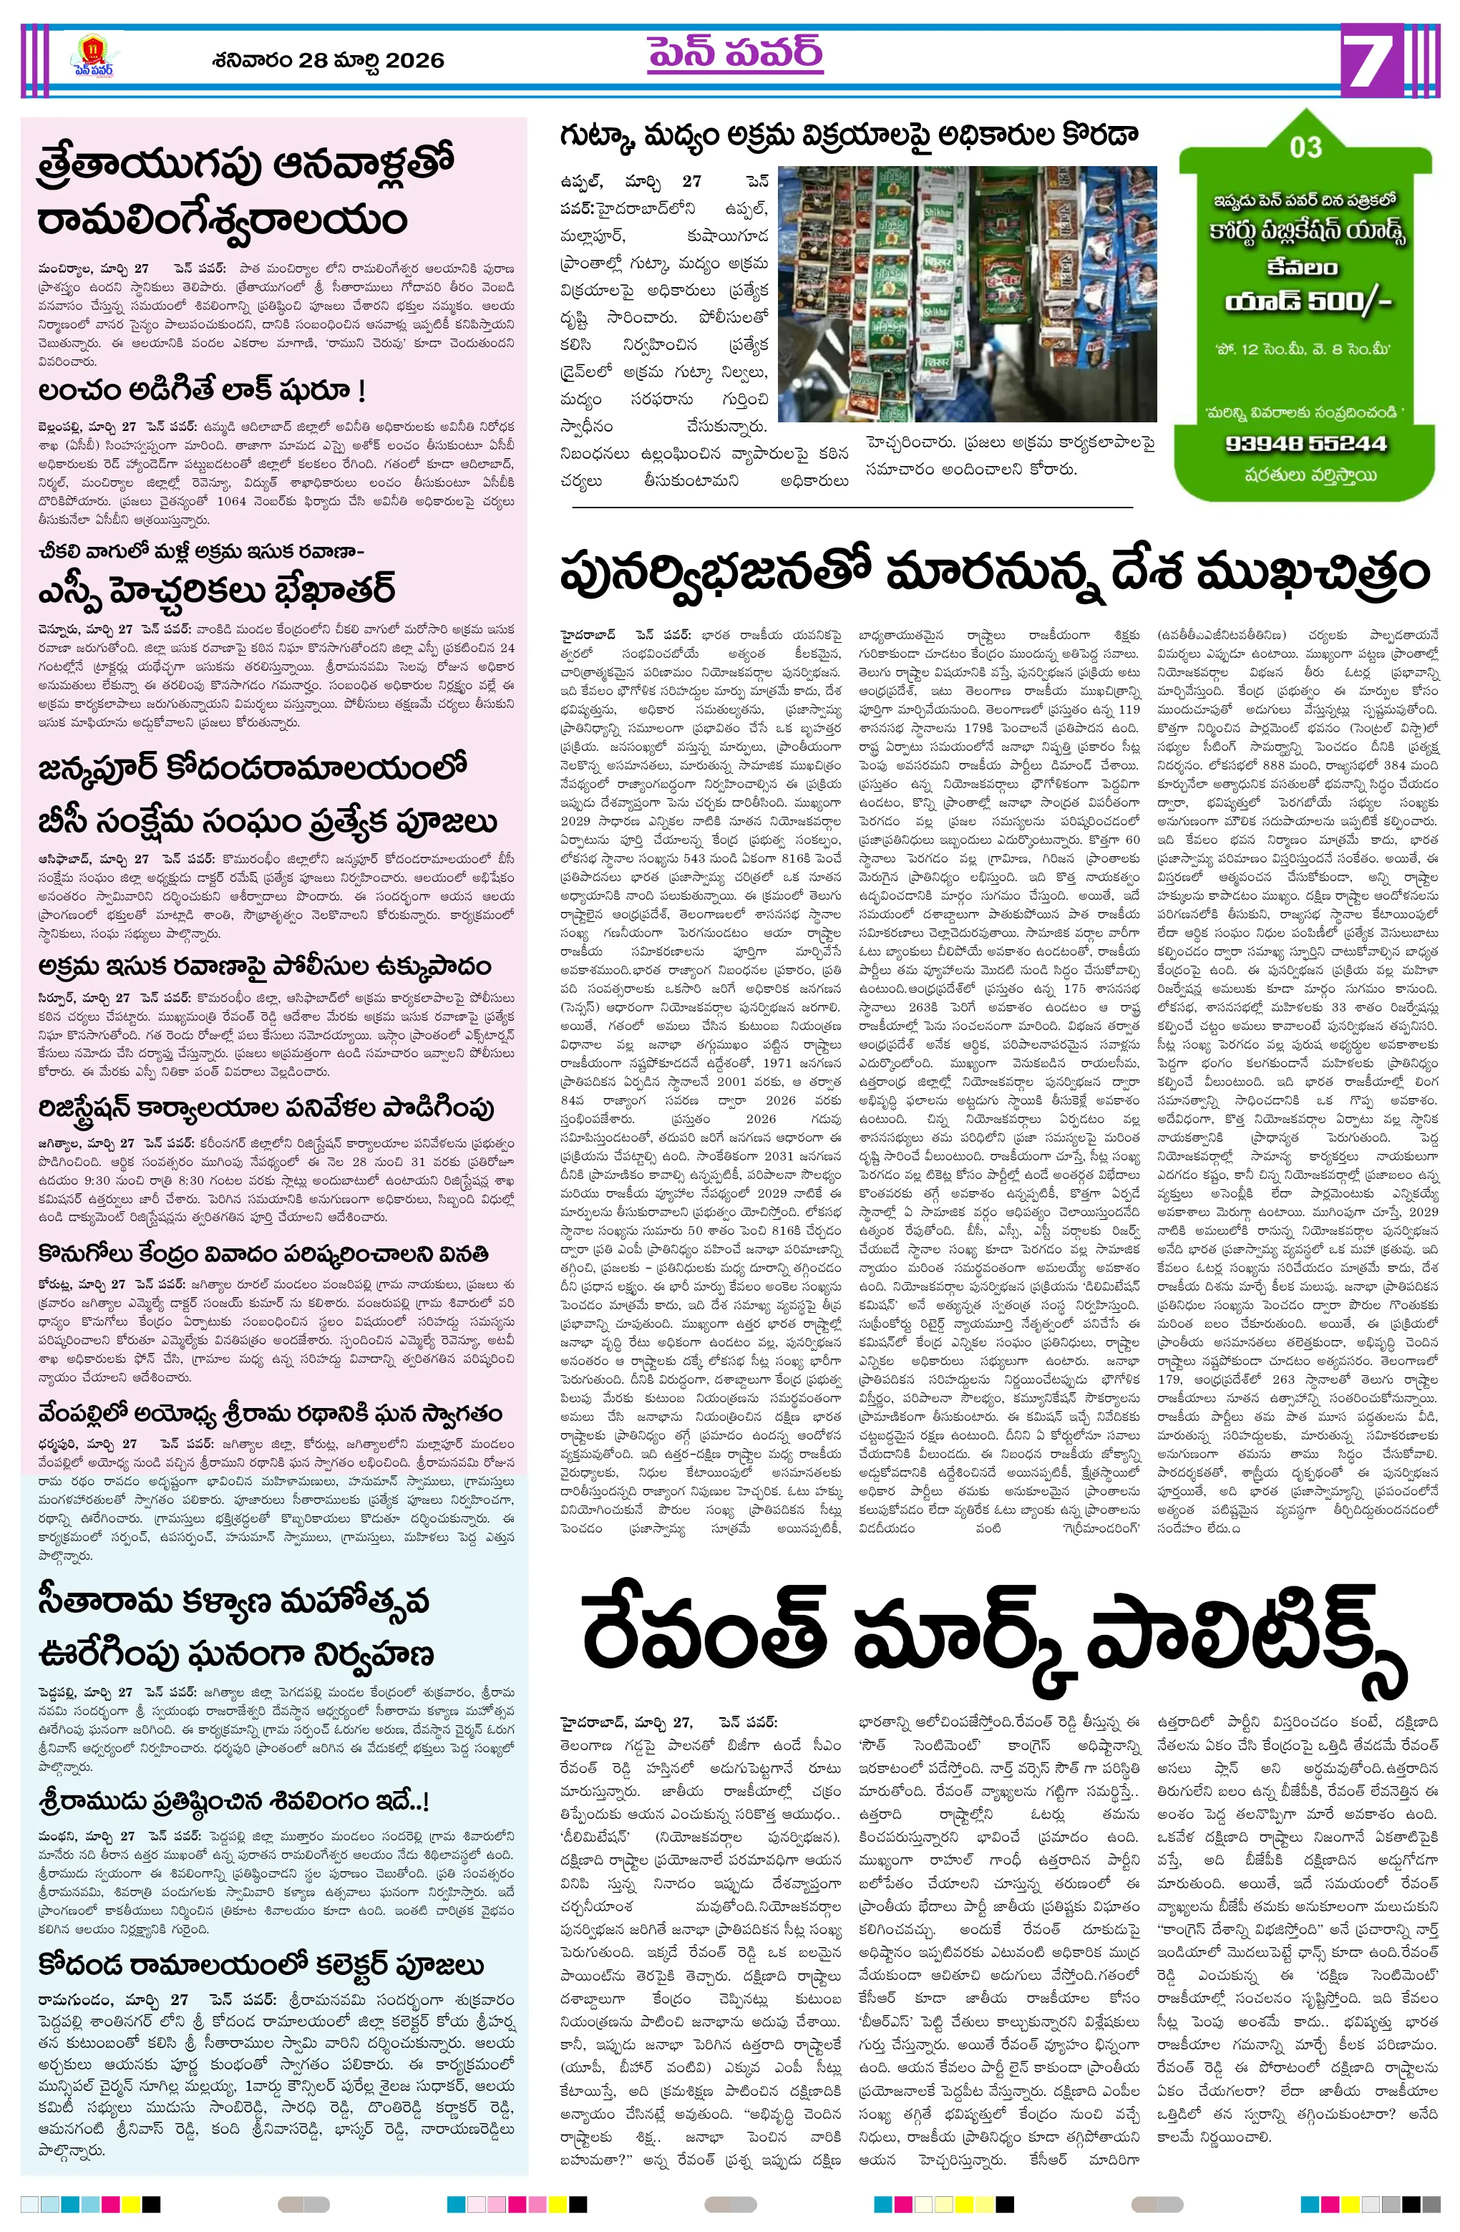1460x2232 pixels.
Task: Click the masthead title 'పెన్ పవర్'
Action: (x=734, y=54)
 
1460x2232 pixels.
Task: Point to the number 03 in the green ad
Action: (x=1305, y=147)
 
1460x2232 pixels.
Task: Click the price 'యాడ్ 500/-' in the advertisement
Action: (x=1307, y=302)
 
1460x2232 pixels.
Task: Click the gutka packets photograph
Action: (x=967, y=293)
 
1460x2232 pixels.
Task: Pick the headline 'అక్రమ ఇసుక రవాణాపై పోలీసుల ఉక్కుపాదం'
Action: (x=264, y=966)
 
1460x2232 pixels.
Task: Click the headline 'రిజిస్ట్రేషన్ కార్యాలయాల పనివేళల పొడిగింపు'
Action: (x=266, y=1107)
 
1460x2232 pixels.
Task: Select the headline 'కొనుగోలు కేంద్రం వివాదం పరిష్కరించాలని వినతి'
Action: (x=263, y=1254)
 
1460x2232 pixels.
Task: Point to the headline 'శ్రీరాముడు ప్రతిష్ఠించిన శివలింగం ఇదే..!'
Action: (x=233, y=1800)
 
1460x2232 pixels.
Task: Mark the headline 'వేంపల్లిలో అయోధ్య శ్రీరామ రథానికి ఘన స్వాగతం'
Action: (x=270, y=1413)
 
